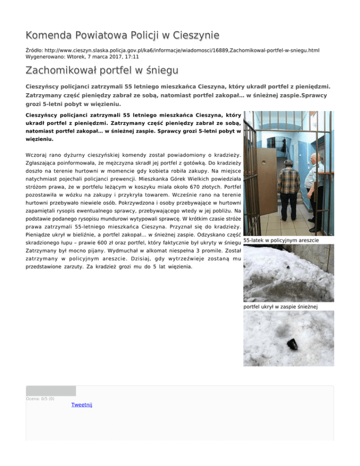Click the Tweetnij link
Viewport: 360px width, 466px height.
[82, 405]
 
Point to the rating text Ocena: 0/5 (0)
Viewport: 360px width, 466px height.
[40, 399]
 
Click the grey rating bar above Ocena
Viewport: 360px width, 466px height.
[51, 391]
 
